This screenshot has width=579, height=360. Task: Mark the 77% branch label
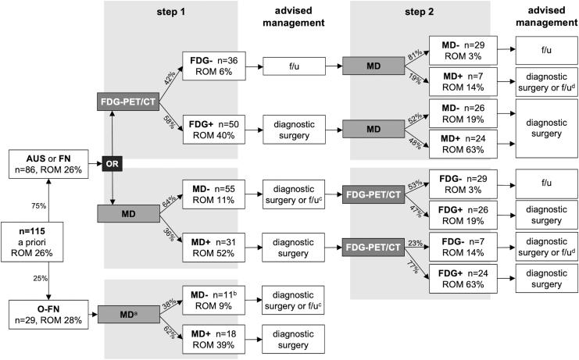tap(411, 267)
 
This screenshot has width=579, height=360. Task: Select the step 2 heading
tap(420, 13)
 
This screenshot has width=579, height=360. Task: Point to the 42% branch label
tap(167, 79)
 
